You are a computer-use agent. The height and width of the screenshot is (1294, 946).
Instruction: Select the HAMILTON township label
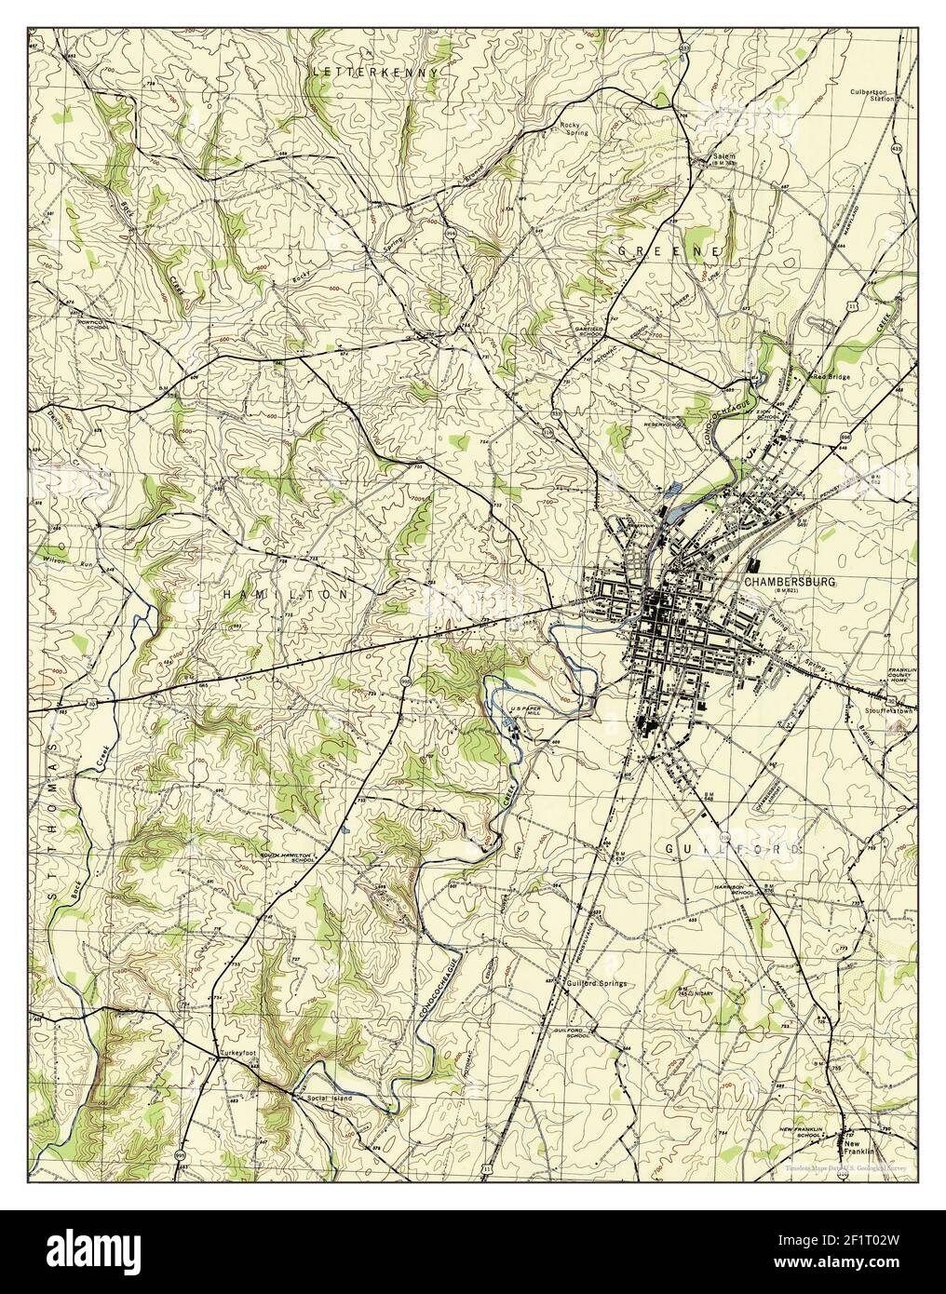point(284,593)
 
